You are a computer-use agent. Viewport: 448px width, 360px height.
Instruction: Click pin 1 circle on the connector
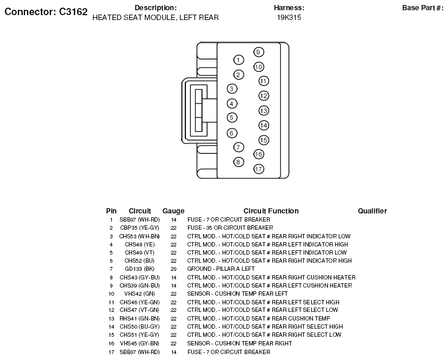click(x=238, y=60)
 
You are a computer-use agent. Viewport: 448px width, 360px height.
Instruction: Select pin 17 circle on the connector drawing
click(x=258, y=169)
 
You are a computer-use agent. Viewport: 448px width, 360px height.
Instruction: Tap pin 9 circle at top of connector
click(x=258, y=52)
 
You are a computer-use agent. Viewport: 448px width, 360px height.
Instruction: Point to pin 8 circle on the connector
click(x=238, y=162)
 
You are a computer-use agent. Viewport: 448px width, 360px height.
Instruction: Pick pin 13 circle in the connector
click(x=264, y=111)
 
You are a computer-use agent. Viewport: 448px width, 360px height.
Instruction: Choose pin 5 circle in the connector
click(x=232, y=118)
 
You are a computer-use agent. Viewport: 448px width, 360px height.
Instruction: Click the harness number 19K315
click(x=289, y=17)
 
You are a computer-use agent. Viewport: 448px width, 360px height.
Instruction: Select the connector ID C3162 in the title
click(x=73, y=12)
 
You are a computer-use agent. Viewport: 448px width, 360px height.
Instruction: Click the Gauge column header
click(x=173, y=211)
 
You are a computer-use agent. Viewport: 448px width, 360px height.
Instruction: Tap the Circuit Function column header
click(x=271, y=211)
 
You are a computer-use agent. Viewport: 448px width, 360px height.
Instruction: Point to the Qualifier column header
click(x=372, y=211)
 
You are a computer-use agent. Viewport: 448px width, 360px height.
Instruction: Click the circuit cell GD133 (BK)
click(x=139, y=269)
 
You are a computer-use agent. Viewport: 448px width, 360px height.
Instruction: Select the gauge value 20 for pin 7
click(x=173, y=269)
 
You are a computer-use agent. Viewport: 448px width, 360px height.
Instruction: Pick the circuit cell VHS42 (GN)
click(x=139, y=294)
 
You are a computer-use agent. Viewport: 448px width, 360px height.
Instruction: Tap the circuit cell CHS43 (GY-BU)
click(x=139, y=277)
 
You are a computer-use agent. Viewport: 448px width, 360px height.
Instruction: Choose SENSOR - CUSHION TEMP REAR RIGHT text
click(x=239, y=343)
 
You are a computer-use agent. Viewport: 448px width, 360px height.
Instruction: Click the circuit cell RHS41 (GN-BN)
click(x=139, y=318)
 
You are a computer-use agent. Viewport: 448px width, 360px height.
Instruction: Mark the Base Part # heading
click(x=423, y=8)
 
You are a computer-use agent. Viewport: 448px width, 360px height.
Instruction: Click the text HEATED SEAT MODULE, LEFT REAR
click(x=156, y=17)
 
